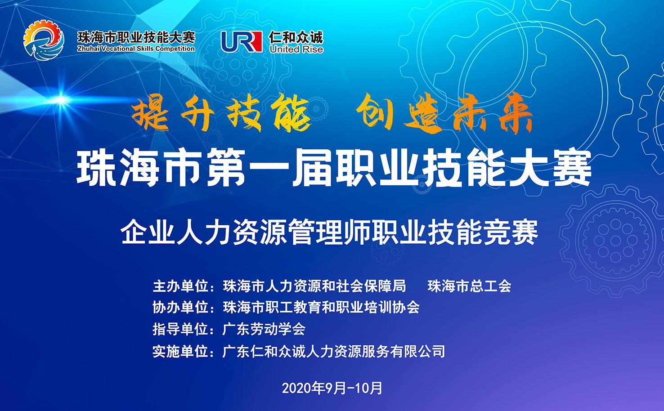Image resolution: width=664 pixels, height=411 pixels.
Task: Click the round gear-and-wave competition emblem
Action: [x=44, y=40]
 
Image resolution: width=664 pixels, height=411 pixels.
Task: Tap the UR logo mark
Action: [x=242, y=41]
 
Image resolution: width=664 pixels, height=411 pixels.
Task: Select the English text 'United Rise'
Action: [x=296, y=49]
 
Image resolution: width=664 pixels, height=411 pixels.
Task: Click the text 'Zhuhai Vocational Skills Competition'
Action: [x=136, y=49]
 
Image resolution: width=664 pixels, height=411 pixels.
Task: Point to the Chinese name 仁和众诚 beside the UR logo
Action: [x=296, y=37]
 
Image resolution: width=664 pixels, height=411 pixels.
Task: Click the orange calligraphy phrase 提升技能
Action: [x=221, y=113]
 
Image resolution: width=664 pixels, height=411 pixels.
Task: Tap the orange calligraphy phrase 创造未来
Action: [x=444, y=113]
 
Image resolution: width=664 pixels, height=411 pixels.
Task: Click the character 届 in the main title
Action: [x=312, y=168]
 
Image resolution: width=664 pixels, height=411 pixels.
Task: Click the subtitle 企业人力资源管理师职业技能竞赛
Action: [x=329, y=232]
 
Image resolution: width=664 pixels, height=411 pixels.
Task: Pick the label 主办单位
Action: [x=180, y=286]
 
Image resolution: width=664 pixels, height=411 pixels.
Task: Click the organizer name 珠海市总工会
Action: [x=469, y=286]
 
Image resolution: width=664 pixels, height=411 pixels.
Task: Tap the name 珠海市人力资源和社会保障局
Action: [x=314, y=286]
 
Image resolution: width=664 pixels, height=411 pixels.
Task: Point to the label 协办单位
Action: [x=180, y=307]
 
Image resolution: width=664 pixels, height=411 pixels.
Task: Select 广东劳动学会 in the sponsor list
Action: [x=264, y=329]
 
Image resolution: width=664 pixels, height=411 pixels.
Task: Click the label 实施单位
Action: [x=180, y=351]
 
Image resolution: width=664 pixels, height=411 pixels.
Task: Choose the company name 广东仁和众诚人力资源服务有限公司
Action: [x=333, y=351]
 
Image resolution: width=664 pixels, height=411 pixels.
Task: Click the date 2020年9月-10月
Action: [x=332, y=388]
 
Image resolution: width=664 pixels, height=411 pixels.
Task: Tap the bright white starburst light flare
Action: [x=61, y=100]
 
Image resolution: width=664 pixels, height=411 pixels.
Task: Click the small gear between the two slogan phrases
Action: [x=317, y=109]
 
